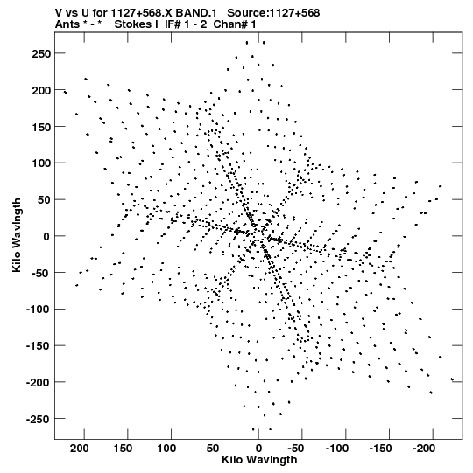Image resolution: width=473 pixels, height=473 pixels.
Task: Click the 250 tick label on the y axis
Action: [x=41, y=53]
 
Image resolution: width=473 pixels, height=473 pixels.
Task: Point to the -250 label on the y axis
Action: [x=39, y=419]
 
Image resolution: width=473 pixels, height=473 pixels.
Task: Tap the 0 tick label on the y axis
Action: [x=46, y=236]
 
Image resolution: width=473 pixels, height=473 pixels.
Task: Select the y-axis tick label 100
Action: [x=41, y=163]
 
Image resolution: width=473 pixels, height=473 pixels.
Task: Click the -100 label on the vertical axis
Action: [x=39, y=310]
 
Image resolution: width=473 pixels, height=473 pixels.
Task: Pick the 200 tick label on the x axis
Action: [x=80, y=449]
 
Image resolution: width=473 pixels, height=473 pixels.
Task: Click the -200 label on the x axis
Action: [x=424, y=449]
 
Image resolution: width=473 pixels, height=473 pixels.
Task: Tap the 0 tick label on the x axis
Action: [x=258, y=449]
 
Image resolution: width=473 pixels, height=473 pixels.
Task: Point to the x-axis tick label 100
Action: [x=166, y=449]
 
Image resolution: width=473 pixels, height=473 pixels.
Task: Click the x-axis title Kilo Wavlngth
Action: [x=259, y=460]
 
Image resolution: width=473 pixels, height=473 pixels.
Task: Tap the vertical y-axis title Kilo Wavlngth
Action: [x=17, y=235]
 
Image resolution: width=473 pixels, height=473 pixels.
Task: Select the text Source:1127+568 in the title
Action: [x=273, y=13]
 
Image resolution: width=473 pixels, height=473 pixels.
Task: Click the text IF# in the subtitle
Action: [x=173, y=24]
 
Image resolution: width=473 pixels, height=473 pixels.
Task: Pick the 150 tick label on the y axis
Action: [x=41, y=127]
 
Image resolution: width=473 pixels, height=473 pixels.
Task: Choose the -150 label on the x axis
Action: [x=381, y=449]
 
